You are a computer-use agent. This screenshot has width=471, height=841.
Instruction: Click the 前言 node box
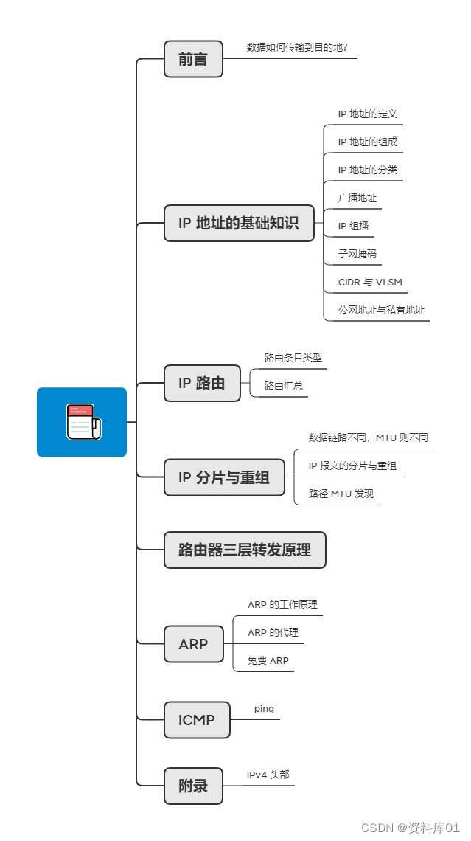tap(193, 60)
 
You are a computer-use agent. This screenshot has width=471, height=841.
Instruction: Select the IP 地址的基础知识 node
tap(239, 223)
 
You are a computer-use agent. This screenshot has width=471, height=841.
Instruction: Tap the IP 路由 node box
tap(202, 384)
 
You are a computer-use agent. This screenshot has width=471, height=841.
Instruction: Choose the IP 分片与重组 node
tap(224, 477)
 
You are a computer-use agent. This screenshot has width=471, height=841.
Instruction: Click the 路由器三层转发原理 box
tap(245, 550)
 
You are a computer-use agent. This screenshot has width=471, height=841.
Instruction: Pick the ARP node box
tap(193, 644)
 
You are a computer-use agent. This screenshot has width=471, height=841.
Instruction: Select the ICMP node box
tap(197, 720)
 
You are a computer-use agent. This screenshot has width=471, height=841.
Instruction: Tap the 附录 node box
tap(193, 786)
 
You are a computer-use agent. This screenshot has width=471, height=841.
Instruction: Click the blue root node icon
tap(82, 422)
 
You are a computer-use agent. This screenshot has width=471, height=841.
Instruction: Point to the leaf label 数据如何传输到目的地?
tap(297, 48)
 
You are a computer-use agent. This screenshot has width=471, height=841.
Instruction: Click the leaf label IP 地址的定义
tap(368, 114)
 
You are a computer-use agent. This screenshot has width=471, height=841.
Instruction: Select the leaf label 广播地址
tap(357, 198)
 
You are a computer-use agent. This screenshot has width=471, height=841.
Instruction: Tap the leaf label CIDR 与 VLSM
tap(370, 282)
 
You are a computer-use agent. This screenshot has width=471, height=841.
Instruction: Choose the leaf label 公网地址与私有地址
tap(381, 310)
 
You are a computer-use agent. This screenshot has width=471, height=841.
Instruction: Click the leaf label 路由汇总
tap(284, 385)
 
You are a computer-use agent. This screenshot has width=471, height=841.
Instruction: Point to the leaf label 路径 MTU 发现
tap(341, 493)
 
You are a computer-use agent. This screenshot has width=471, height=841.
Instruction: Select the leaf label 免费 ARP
tap(268, 660)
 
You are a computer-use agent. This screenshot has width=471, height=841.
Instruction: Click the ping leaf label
tap(264, 708)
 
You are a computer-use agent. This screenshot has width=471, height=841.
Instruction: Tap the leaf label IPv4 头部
tap(268, 775)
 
